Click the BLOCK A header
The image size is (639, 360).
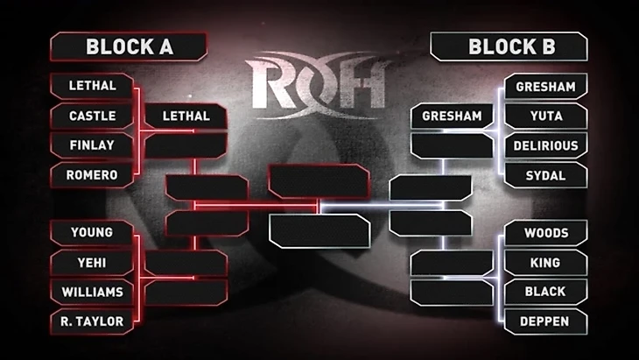129,46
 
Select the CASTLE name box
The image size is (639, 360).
91,115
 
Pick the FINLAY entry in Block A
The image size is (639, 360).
91,145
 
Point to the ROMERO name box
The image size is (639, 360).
91,174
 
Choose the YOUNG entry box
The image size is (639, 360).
91,233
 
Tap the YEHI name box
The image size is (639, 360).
91,262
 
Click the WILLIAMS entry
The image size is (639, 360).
91,292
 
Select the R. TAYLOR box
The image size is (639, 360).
91,321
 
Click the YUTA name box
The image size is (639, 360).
545,115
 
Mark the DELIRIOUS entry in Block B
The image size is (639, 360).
545,145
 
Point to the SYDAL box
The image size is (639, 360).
545,175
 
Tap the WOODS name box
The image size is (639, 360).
545,233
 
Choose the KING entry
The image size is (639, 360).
545,262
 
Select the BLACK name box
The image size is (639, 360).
545,292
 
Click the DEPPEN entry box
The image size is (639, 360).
545,321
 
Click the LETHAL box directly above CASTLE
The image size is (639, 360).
91,87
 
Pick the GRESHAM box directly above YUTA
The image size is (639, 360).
545,87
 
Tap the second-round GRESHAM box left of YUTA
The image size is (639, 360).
452,116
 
